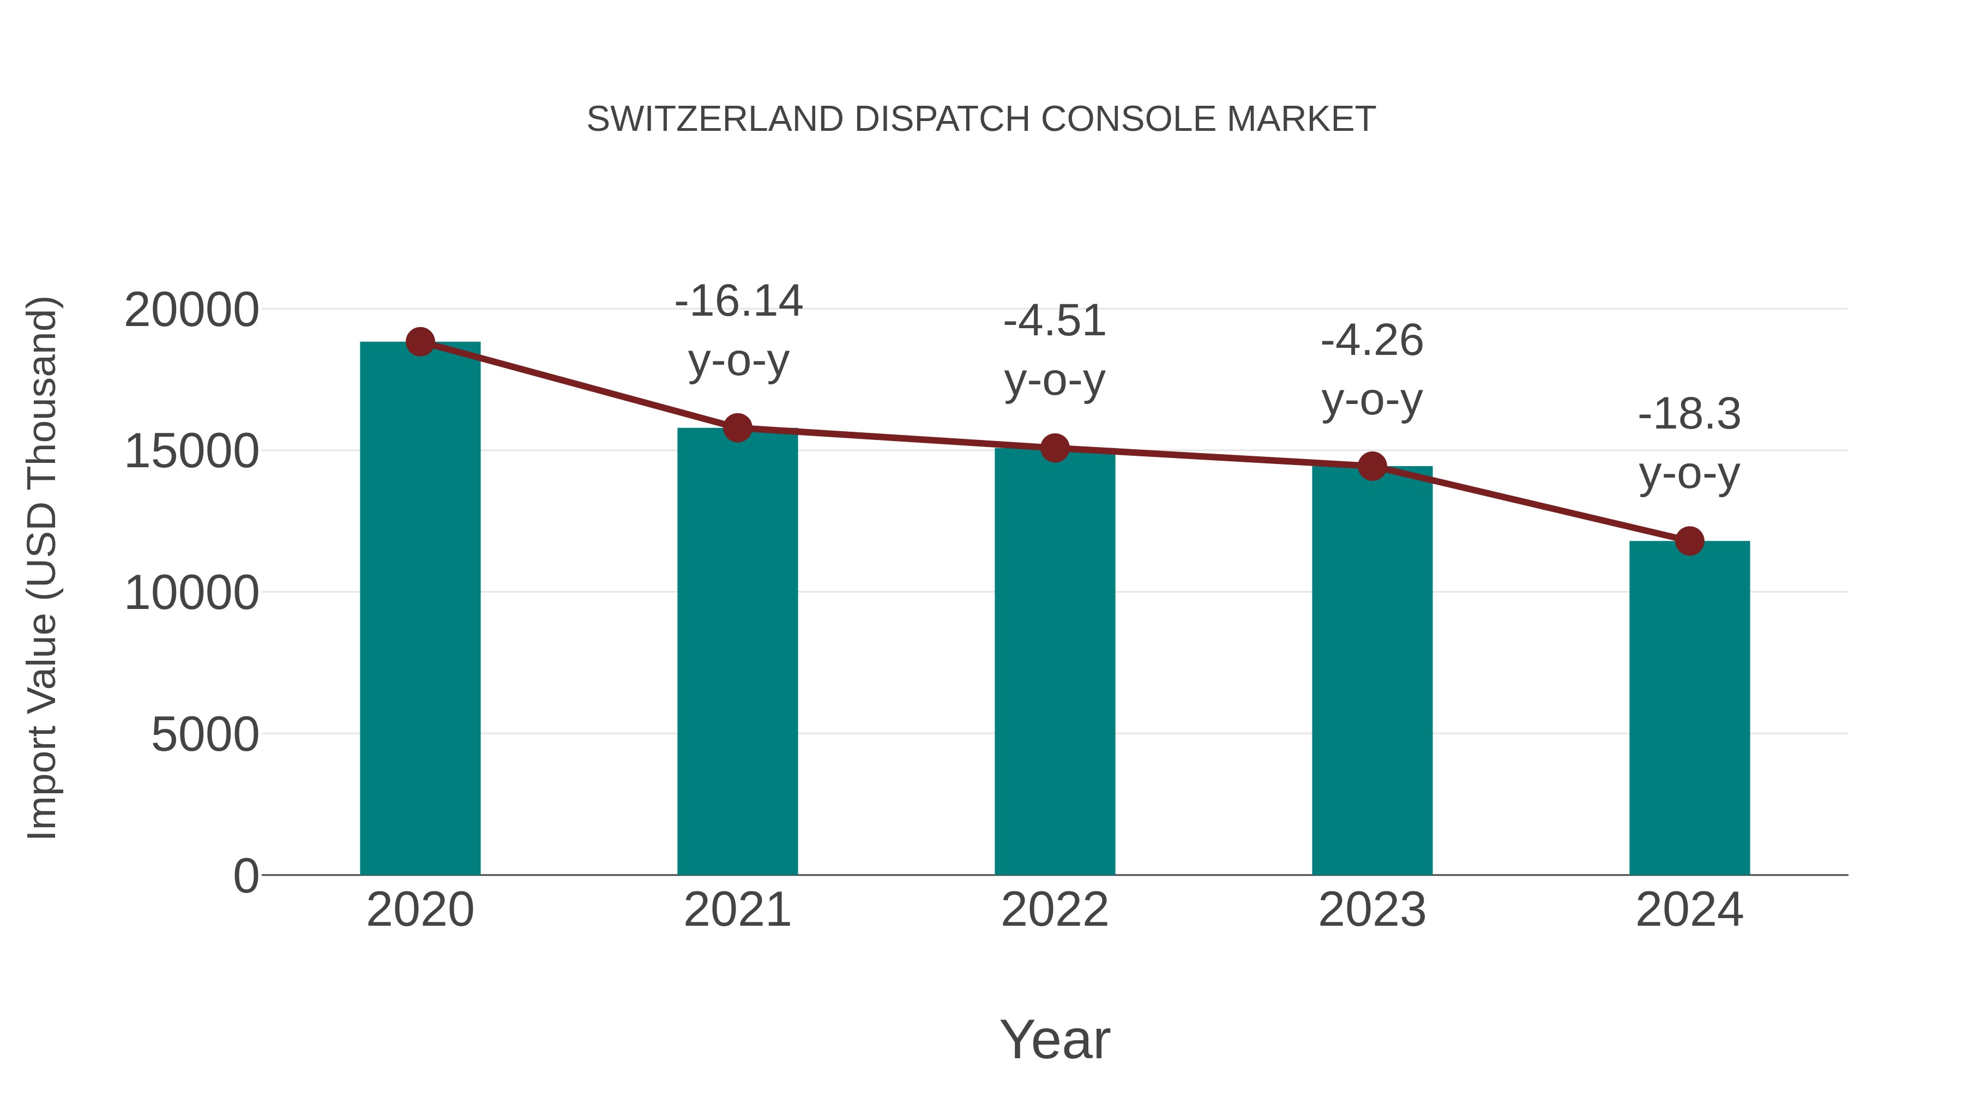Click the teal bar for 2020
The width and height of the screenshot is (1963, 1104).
420,610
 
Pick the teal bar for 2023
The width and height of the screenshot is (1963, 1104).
1372,671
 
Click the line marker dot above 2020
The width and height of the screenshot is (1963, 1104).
420,342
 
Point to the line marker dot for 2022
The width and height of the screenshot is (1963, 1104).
1055,448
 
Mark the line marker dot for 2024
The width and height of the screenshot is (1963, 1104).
1689,541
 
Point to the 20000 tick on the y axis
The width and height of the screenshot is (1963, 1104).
191,310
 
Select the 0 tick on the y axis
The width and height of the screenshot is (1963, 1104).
245,876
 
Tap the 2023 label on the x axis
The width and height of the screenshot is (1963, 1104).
1372,910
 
